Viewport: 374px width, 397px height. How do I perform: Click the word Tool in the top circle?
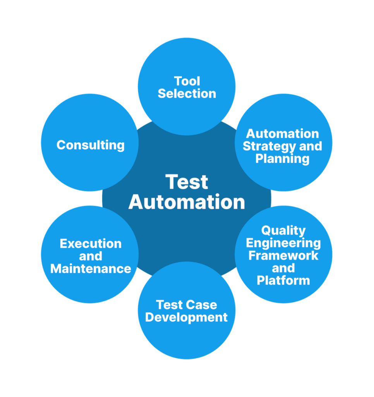[187, 81]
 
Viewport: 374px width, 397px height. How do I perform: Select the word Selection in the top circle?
[187, 93]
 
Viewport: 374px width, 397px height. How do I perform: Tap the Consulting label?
[91, 145]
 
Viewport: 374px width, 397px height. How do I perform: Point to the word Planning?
[283, 159]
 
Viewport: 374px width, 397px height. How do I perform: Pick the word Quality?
[283, 230]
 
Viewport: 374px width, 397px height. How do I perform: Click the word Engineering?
[283, 243]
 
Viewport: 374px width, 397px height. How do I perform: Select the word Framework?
[283, 255]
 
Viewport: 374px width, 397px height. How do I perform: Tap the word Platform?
[283, 280]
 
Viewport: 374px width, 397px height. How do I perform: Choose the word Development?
[187, 317]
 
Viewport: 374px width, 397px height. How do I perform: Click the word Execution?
[91, 244]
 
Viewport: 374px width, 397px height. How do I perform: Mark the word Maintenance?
[91, 268]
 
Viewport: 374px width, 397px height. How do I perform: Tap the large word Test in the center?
[187, 182]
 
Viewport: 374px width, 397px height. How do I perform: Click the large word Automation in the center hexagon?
[187, 202]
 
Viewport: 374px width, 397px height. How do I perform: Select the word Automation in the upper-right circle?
[283, 134]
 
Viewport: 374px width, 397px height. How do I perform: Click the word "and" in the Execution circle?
[91, 256]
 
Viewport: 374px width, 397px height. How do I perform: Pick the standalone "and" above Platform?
[283, 268]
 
